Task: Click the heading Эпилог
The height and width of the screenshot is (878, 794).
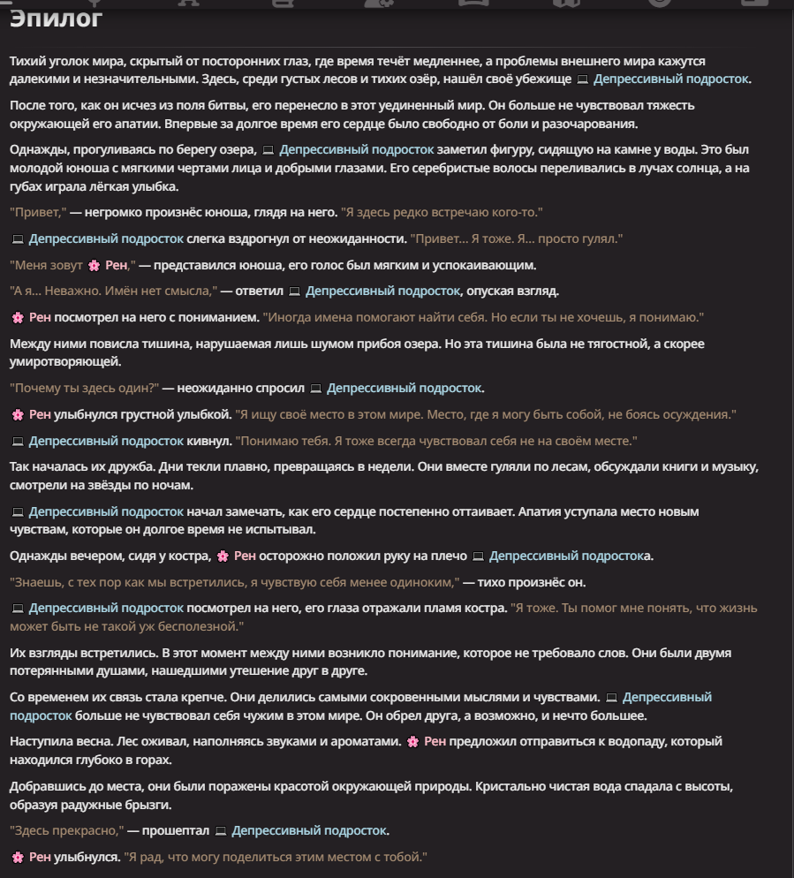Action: click(57, 18)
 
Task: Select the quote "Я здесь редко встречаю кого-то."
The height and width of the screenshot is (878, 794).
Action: click(442, 212)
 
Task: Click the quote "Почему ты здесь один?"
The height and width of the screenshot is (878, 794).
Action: click(85, 388)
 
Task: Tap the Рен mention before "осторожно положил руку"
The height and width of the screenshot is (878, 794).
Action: click(244, 556)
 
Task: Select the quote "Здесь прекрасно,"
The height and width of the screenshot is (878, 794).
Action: click(66, 830)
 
